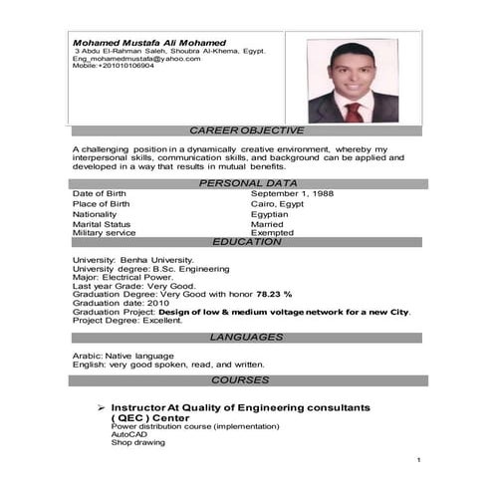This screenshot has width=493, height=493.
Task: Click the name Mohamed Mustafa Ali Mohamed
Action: (x=149, y=43)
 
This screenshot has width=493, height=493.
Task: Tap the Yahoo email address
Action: (x=136, y=59)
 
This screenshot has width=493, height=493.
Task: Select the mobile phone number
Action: (x=114, y=66)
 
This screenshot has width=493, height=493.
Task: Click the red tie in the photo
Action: (x=354, y=110)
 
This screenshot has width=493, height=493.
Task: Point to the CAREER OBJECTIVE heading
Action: (x=246, y=131)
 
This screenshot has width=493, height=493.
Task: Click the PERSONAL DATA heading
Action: (x=248, y=183)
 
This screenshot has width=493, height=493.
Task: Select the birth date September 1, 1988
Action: (x=292, y=193)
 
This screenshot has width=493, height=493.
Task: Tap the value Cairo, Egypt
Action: (x=277, y=203)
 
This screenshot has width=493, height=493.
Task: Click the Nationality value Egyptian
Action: (x=269, y=214)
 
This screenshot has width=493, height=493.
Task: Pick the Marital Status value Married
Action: (x=267, y=225)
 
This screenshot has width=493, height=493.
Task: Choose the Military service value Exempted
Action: (x=272, y=233)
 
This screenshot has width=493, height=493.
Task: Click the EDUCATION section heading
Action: (x=247, y=242)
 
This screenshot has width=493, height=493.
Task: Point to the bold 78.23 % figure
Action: (x=274, y=295)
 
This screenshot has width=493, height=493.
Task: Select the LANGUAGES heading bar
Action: (x=247, y=338)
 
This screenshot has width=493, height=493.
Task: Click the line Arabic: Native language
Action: (x=123, y=356)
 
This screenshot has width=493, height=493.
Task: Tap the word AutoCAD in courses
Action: (x=128, y=435)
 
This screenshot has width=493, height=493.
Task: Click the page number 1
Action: (x=419, y=460)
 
